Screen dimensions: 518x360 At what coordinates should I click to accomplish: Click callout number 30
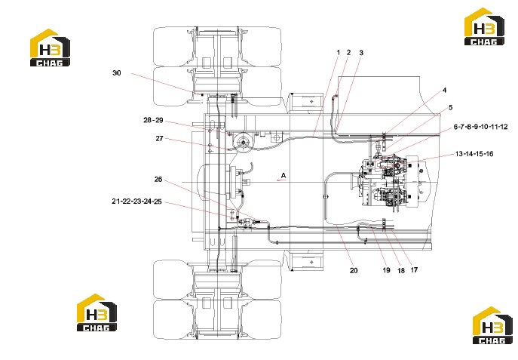click(x=117, y=73)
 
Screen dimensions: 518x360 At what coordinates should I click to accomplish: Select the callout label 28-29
click(x=153, y=120)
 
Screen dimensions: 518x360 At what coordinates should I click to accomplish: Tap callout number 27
click(x=160, y=139)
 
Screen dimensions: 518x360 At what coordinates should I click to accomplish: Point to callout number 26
click(x=158, y=179)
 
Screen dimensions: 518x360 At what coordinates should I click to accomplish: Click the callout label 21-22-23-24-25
click(x=136, y=202)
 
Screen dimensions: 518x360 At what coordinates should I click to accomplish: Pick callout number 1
click(x=339, y=52)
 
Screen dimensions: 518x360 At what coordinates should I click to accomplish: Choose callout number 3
click(x=361, y=53)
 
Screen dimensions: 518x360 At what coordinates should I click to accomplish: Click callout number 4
click(x=445, y=90)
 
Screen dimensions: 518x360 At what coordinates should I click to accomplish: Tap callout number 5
click(x=450, y=107)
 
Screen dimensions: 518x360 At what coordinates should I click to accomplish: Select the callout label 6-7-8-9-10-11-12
click(x=480, y=127)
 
